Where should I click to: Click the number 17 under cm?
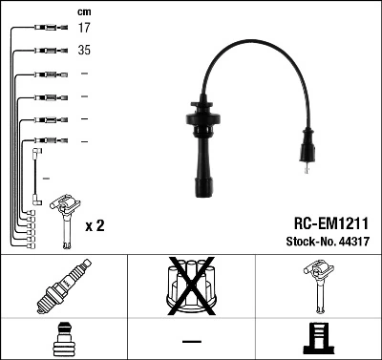(84, 29)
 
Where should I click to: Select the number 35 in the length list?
(84, 50)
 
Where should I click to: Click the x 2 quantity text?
(95, 226)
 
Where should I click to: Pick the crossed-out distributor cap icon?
(192, 286)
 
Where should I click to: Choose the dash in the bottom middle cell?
(191, 340)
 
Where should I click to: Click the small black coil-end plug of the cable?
(306, 152)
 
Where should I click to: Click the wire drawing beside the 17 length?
(43, 30)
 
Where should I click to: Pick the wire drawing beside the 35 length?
(44, 51)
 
